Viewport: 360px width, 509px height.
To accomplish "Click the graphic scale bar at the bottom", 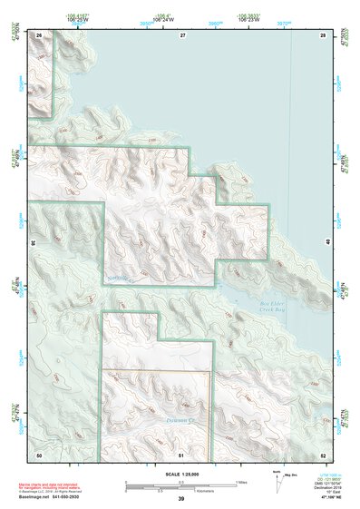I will click(180, 482).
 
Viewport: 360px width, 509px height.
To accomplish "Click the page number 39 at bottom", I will click(180, 499).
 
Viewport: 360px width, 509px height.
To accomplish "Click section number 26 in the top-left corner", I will click(39, 34).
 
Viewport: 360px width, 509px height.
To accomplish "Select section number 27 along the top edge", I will click(181, 34).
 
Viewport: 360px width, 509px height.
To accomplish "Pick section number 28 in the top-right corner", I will click(322, 34).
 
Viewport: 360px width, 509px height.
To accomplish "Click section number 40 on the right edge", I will click(326, 244).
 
